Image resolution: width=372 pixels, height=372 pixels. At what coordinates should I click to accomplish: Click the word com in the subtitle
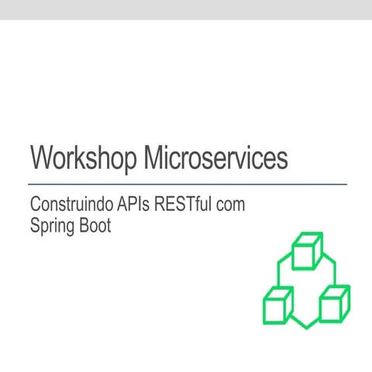click(241, 207)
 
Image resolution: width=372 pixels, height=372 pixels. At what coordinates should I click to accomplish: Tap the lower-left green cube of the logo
click(277, 305)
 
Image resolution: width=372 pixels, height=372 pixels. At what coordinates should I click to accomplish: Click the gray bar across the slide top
click(186, 9)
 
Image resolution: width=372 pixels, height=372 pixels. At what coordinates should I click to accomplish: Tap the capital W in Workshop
click(42, 157)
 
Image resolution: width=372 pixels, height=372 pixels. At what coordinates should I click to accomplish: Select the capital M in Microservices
click(155, 157)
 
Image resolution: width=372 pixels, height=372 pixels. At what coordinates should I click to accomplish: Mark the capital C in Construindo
click(36, 205)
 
